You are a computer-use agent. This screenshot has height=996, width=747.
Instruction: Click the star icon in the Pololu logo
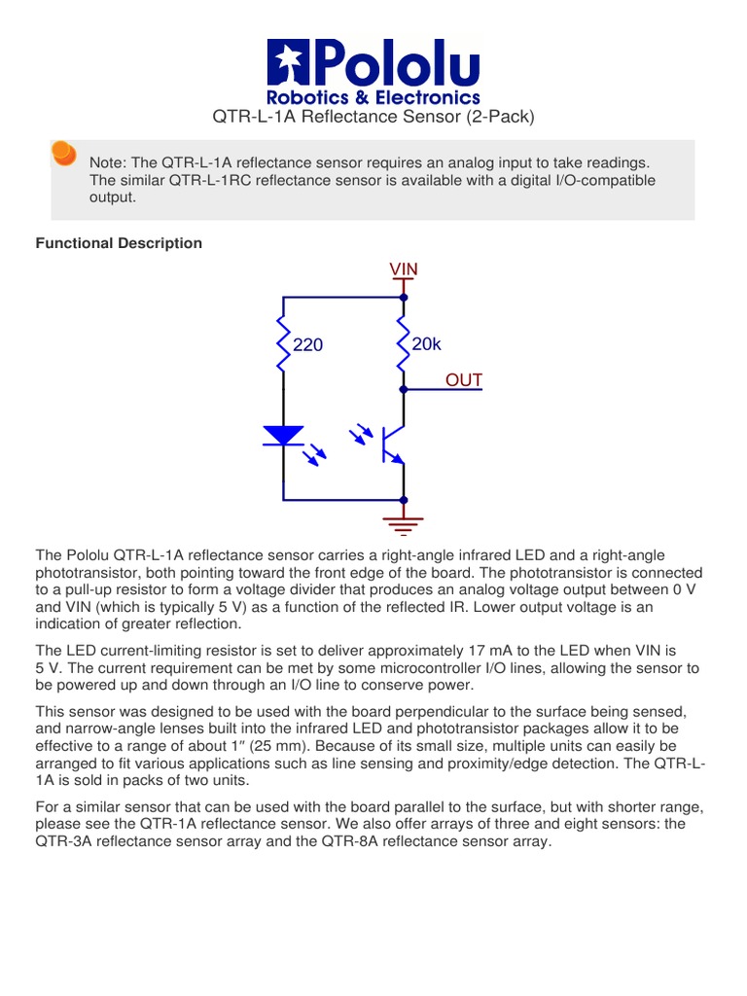coord(289,63)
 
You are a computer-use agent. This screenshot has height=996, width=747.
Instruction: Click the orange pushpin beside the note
coord(63,154)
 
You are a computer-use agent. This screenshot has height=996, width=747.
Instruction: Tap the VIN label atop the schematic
coord(404,268)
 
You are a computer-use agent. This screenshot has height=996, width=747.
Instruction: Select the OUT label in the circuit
coord(464,379)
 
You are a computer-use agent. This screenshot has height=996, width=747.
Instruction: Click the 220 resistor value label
coord(308,345)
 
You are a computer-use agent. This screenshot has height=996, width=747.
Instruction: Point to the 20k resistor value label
coord(426,344)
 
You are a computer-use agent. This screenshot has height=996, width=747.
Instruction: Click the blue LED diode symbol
coord(284,436)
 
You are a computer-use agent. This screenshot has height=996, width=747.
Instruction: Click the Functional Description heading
coord(119,243)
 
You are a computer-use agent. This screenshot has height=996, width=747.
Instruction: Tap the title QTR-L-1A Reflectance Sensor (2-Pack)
coord(373,118)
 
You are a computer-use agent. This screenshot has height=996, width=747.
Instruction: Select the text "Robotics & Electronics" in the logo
coord(373,97)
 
